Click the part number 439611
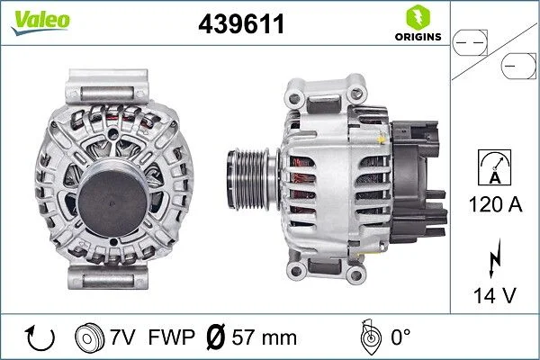pos(240,25)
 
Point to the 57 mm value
pos(265,338)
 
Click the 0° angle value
pos(400,338)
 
